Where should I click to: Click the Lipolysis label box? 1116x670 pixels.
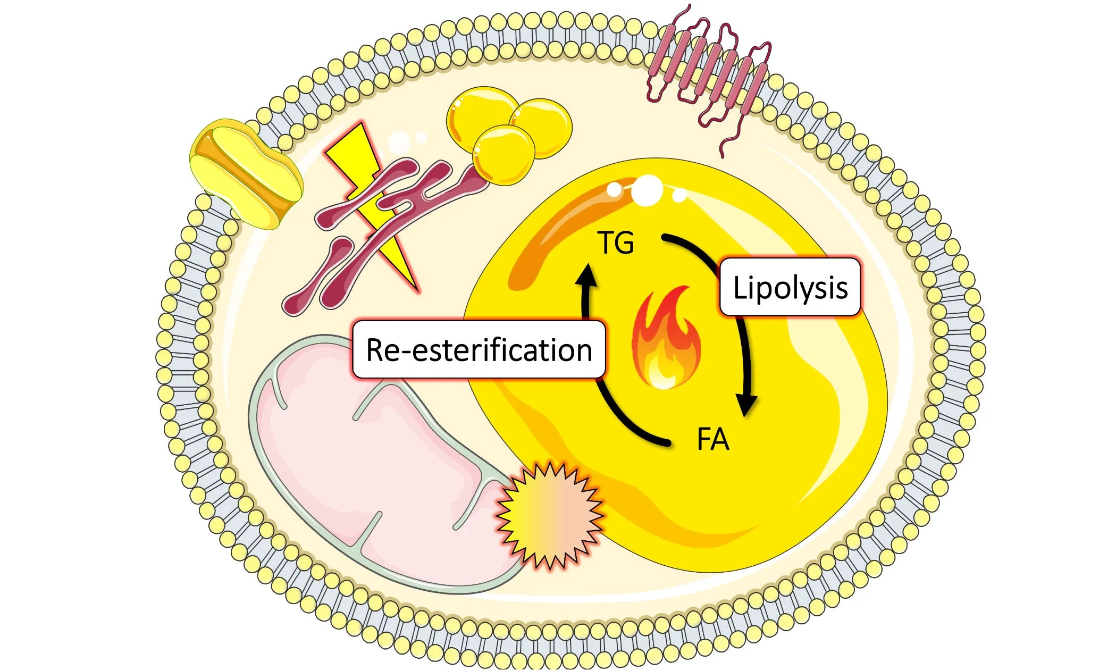[x=790, y=287]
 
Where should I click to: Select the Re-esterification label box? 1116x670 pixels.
[x=479, y=349]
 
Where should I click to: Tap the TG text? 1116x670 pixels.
[x=616, y=242]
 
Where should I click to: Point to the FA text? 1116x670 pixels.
[x=712, y=440]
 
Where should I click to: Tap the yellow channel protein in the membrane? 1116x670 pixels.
[x=246, y=173]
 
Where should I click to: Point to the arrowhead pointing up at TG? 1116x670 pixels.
[x=587, y=275]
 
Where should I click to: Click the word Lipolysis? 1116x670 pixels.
[x=790, y=288]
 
